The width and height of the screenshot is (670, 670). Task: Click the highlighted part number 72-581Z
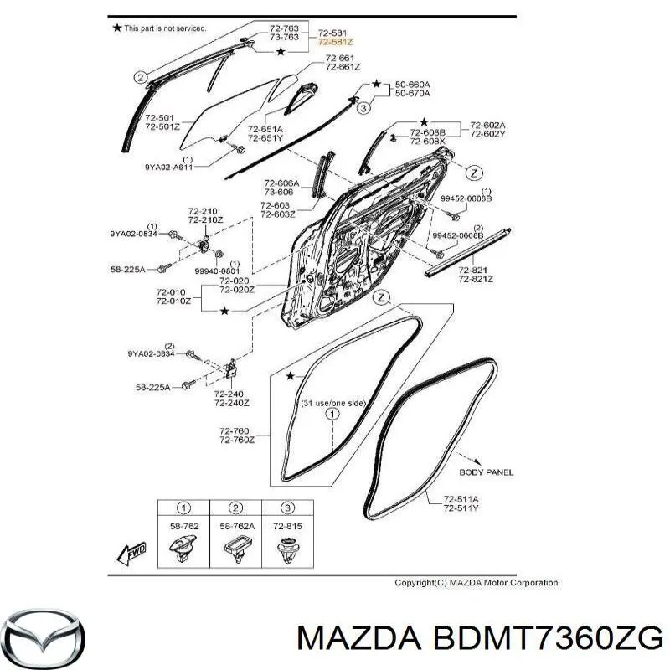pos(336,42)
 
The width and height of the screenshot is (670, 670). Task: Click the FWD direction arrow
pos(131,554)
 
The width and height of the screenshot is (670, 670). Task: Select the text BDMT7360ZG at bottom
pos(548,640)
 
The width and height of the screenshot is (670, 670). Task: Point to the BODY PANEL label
pos(487,472)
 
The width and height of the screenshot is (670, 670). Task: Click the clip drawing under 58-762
pos(183,549)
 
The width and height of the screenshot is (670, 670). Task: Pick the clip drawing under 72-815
pos(287,549)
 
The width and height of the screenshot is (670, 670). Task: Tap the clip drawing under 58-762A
pos(236,549)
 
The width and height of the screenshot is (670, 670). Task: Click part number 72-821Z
pos(476,279)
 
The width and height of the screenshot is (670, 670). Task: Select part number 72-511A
pos(461,499)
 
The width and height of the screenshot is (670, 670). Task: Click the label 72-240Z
pos(232,403)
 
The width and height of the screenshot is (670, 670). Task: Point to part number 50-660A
pos(412,85)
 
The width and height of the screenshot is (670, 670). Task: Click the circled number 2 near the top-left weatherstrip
pos(141,78)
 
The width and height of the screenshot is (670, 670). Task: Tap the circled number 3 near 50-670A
pos(363,108)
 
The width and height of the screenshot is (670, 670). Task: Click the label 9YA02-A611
pos(169,167)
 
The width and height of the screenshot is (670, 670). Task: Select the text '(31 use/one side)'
pos(333,403)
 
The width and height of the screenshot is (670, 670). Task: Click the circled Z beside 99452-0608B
pos(473,173)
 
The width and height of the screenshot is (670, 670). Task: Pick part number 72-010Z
pos(174,301)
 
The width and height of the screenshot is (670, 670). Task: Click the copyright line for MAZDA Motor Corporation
pos(476,582)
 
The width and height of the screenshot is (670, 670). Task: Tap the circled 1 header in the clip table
pos(183,508)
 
